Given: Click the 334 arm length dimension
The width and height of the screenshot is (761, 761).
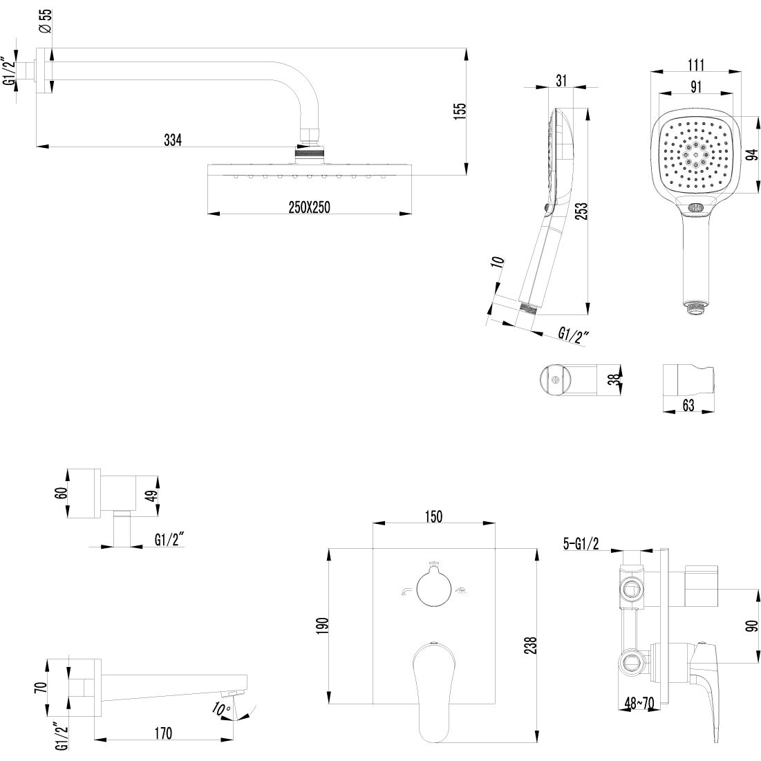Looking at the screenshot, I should (x=172, y=140).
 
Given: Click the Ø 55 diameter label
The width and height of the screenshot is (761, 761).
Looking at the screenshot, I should (x=44, y=21).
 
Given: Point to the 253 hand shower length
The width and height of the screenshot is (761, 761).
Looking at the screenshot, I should (x=581, y=210).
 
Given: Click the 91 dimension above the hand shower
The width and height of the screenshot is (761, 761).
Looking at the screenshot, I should (x=695, y=86).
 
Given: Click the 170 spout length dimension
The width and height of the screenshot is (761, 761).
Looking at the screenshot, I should (x=163, y=733).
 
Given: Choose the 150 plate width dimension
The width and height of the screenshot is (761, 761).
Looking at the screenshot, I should (x=433, y=516).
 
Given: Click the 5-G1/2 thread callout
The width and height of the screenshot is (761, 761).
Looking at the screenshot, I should (x=581, y=545).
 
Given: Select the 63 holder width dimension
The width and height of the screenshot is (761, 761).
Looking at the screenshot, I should (x=688, y=406).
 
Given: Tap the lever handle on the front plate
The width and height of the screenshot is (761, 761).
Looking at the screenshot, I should (x=433, y=684).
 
